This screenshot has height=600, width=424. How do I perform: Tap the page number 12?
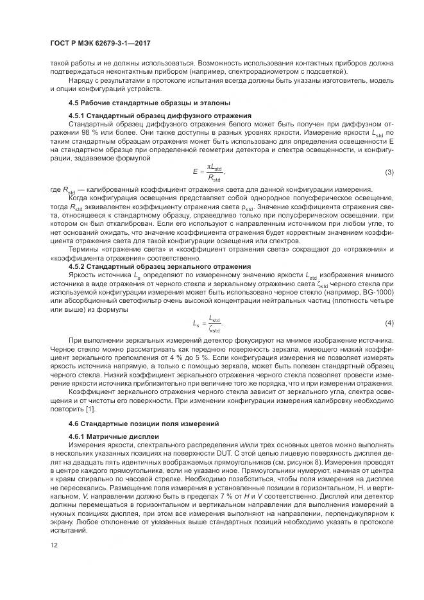pos(53,545)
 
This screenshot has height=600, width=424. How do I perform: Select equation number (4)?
pos(389,322)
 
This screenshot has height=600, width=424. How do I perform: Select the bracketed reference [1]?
pos(92,409)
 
